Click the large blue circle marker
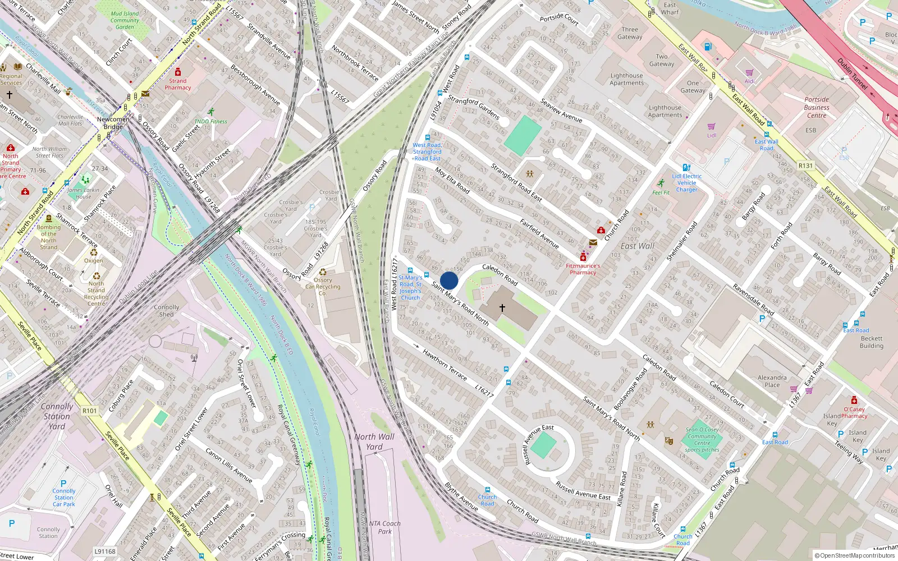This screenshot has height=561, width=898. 449,280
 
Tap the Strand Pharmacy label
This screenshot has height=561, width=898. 178,84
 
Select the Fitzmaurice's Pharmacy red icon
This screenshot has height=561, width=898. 583,257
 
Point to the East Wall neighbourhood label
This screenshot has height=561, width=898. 637,246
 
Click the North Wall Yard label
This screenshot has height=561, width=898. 374,442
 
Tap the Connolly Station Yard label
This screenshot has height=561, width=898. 57,416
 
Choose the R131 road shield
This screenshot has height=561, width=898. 805,165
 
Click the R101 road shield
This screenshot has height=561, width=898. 90,411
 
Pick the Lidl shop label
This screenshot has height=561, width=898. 712,135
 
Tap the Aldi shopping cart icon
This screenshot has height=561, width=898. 749,72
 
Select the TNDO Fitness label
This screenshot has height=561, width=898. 210,121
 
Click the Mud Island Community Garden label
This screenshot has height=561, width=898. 125,20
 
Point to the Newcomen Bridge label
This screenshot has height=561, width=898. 113,123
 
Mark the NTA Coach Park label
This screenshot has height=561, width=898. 385,527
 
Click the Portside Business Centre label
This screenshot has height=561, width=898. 817,107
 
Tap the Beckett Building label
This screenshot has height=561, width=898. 871,342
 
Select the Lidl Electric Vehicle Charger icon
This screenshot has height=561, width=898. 686,167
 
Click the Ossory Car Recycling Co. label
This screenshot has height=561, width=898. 323,286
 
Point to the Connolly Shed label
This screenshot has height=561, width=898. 167,311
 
